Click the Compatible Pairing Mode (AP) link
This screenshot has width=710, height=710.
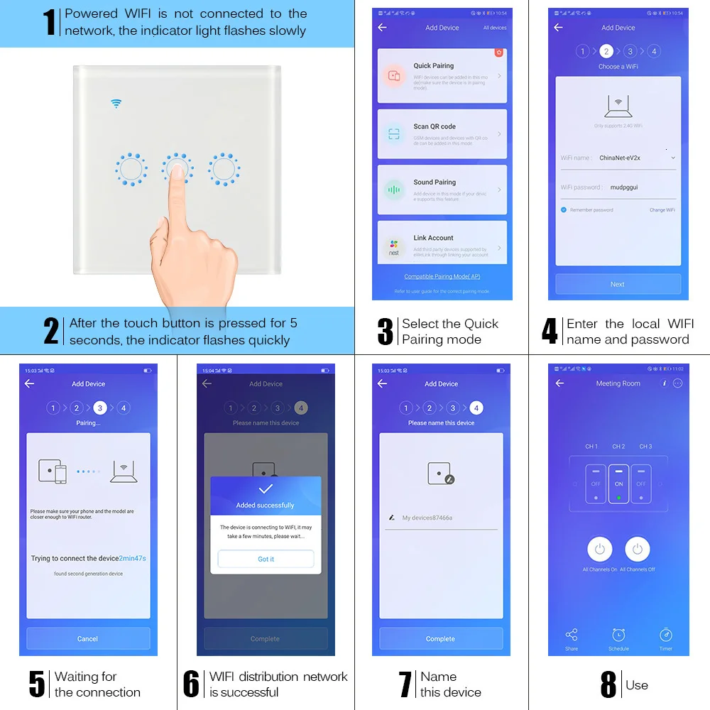pos(442,277)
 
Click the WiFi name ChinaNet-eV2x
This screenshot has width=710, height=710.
pos(619,158)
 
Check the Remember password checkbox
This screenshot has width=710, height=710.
pos(564,210)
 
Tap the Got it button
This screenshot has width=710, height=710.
pos(266,559)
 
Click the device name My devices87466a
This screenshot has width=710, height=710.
pos(427,518)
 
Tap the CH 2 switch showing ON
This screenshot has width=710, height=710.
pos(618,484)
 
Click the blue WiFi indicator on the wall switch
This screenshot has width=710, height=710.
pos(116,104)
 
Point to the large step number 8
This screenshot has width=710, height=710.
pos(608,684)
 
